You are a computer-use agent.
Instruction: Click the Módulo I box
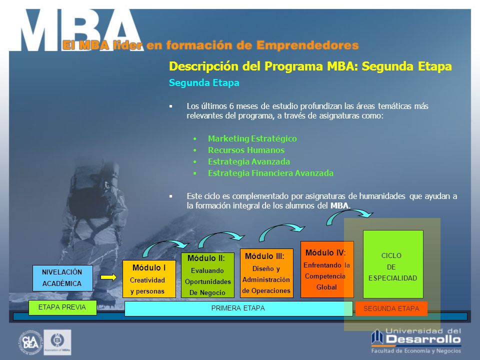[149, 279]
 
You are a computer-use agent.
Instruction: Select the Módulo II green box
[207, 275]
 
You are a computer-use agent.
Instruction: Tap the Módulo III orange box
[266, 273]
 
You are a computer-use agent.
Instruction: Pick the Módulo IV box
[327, 269]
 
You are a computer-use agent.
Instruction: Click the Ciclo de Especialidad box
[393, 264]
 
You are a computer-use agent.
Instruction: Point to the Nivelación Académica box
[62, 278]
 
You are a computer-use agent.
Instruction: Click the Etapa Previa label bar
[62, 307]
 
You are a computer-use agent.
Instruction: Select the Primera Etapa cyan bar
[238, 308]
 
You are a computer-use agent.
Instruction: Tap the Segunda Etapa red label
[391, 308]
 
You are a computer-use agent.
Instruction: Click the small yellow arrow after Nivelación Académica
[108, 277]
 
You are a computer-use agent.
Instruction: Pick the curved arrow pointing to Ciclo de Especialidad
[349, 211]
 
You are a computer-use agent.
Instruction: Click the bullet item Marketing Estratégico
[252, 138]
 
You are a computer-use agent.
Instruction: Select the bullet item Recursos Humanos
[246, 150]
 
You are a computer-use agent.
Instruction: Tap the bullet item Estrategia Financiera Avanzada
[270, 173]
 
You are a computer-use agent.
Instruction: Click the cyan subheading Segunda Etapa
[204, 82]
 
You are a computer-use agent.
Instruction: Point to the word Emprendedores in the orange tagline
[307, 45]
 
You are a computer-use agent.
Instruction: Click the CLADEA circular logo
[30, 342]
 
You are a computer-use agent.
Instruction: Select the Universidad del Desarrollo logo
[416, 340]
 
